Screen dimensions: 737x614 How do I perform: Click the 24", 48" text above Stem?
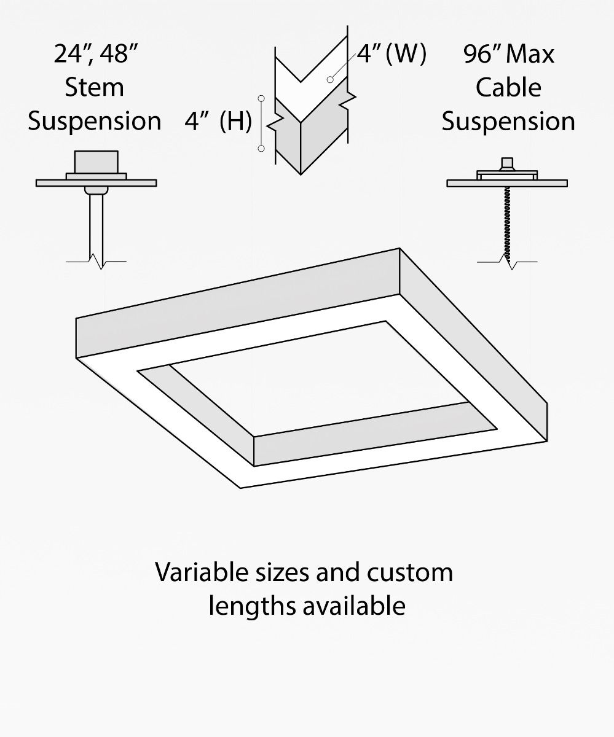tap(95, 54)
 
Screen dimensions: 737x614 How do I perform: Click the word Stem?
tap(95, 87)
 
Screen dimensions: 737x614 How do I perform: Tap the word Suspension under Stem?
tap(95, 121)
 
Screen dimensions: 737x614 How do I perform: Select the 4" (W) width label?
tap(392, 54)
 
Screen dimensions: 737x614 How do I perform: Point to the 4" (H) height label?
tap(218, 122)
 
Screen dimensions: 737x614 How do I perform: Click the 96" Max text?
tap(508, 54)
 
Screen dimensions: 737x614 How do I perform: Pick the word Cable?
tap(508, 87)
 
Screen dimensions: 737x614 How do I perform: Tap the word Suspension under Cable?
tap(508, 121)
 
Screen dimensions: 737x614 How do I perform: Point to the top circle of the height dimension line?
tap(261, 98)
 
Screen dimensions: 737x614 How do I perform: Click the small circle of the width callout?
tap(330, 79)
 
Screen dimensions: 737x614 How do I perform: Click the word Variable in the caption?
tap(195, 572)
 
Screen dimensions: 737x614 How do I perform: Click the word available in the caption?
tap(354, 606)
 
